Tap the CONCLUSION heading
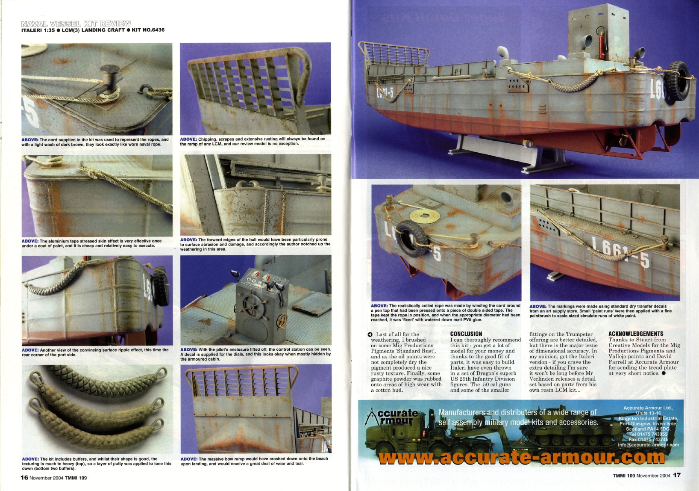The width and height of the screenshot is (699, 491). (466, 334)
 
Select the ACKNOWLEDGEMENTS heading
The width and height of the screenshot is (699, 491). (636, 334)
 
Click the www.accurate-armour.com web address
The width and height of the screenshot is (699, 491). (521, 457)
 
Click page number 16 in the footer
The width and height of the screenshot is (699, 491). (24, 477)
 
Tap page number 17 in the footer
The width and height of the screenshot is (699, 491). (677, 475)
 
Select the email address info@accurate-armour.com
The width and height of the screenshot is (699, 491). (648, 444)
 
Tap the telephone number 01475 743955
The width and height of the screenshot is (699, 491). (649, 434)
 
